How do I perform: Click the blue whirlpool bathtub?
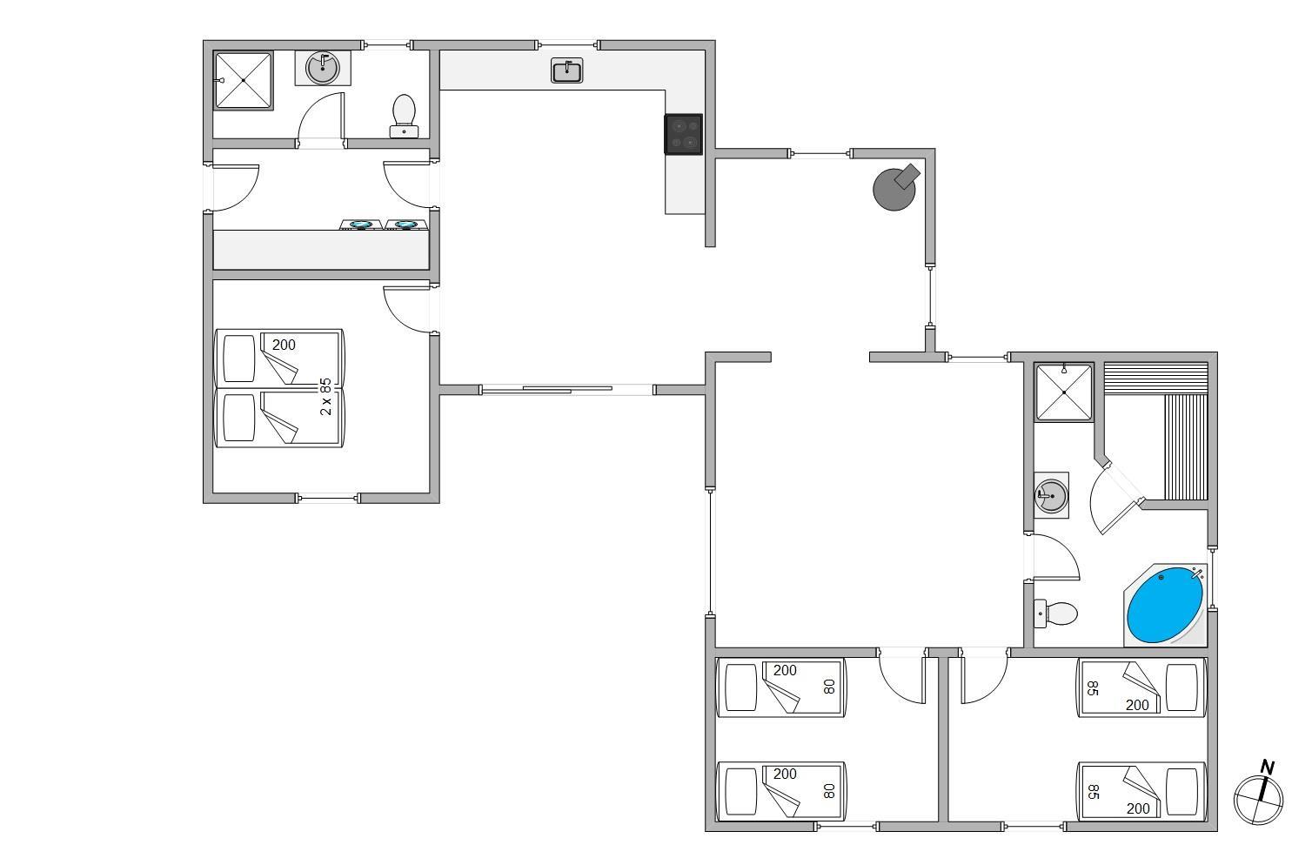1164,605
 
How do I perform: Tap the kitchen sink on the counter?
567,70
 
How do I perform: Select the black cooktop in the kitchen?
684,134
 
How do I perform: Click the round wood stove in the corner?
895,187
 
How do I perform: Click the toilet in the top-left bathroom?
405,117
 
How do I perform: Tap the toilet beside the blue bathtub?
1055,614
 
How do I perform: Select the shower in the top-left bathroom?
244,80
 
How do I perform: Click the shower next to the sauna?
1064,392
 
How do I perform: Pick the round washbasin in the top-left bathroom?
323,68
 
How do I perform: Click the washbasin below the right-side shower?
1051,495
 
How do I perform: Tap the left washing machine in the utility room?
361,225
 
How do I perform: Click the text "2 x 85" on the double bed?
325,397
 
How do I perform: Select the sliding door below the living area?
567,390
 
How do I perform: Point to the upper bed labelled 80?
781,687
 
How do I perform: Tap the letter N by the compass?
1268,768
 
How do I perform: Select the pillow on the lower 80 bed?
741,791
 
